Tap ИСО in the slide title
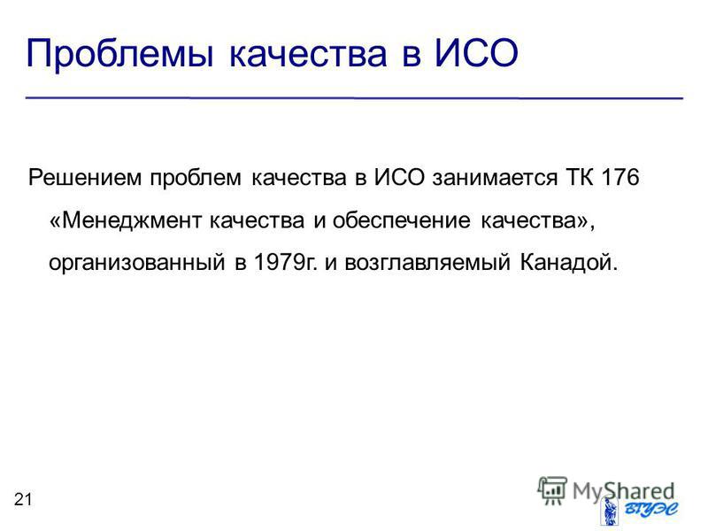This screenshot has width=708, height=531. tap(475, 53)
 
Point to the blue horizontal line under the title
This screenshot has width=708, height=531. tap(354, 98)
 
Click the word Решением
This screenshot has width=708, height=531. tap(85, 178)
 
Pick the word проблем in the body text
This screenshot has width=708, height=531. tap(196, 179)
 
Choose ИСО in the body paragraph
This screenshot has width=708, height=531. tap(399, 177)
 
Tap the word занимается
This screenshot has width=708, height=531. tap(495, 178)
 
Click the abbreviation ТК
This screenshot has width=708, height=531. tap(579, 177)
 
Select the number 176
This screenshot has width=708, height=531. tap(621, 177)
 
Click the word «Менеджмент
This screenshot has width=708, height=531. tap(126, 220)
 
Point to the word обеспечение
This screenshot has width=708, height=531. tap(402, 220)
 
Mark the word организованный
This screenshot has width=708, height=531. tap(137, 263)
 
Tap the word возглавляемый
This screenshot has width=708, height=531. tap(427, 262)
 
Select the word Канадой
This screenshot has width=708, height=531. tap(568, 262)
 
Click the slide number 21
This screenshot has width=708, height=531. tap(23, 499)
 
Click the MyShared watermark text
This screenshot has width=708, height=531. tap(624, 491)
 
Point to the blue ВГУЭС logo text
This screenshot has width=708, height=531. tap(650, 510)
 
